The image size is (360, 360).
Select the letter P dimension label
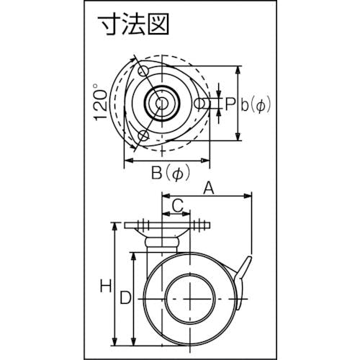(230, 104)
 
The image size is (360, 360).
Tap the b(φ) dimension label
(256, 105)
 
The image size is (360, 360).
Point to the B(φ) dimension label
(171, 173)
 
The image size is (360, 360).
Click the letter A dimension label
(209, 189)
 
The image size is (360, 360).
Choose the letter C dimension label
(178, 205)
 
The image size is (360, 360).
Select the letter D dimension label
(126, 297)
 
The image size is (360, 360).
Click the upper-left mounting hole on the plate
(143, 71)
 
